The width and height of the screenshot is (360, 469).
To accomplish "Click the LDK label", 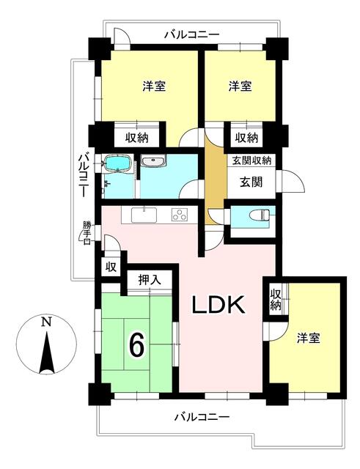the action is [x=218, y=305].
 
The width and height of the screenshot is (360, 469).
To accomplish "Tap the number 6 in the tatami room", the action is [x=136, y=345].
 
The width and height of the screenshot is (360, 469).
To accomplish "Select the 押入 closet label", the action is [x=150, y=280].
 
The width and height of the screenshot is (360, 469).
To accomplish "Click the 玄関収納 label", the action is [x=252, y=160].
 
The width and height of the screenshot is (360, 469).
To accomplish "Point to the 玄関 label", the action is [x=251, y=182].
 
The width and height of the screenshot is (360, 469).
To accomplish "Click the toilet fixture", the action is [x=261, y=214].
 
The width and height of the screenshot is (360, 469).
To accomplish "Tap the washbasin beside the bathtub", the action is [x=153, y=161].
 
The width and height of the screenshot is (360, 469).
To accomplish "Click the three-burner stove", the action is [x=180, y=215].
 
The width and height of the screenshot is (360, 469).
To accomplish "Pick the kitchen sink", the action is [x=144, y=215].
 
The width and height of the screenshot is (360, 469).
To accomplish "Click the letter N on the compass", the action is [x=46, y=322].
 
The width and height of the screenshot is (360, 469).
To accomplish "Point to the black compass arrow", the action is [x=47, y=354].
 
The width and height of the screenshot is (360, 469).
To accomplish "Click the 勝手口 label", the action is [x=87, y=232].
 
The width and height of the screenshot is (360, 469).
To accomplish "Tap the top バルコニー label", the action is [x=192, y=34].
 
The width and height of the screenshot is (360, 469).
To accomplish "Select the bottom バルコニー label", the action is [x=202, y=417].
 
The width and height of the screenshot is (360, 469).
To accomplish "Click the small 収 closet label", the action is [x=111, y=267].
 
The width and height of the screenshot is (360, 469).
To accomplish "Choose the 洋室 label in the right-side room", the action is [x=309, y=339].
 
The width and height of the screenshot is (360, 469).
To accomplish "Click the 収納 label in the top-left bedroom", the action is [x=136, y=137].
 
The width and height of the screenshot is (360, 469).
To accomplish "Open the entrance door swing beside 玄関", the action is [x=291, y=181].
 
